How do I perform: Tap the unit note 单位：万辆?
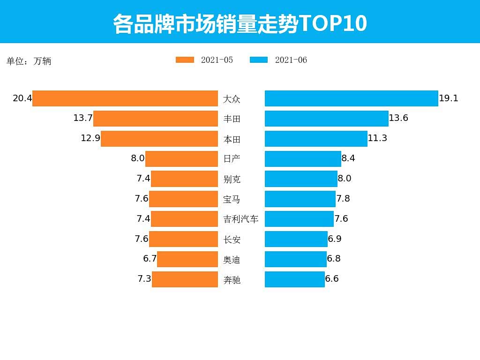29,61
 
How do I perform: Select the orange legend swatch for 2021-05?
185,60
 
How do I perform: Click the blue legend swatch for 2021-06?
259,60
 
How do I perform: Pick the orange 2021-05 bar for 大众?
125,98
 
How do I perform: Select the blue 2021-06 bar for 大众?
351,98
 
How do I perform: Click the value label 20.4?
22,98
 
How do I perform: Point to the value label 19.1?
449,98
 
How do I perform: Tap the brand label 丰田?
232,119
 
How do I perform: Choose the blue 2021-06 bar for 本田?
316,139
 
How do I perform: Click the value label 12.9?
90,138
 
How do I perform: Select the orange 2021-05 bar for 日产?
181,159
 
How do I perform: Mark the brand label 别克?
232,179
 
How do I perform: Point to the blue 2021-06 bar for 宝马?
300,199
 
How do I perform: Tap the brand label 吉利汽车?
240,219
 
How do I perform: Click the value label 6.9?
335,239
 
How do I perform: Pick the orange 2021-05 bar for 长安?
183,239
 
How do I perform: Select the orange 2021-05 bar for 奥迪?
187,259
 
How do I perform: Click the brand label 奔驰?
232,280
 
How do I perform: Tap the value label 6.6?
332,279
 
